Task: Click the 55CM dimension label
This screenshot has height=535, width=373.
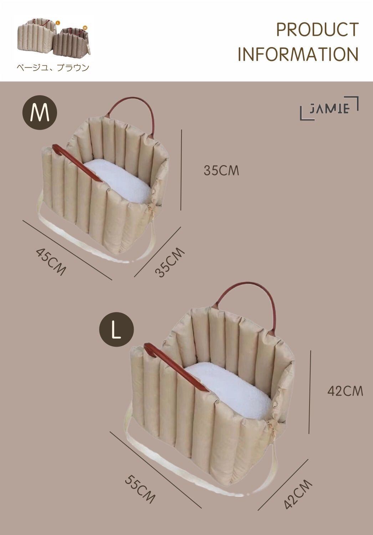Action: (x=140, y=489)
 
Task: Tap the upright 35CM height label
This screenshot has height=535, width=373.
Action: (x=221, y=170)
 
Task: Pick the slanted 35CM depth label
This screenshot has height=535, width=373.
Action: (x=170, y=263)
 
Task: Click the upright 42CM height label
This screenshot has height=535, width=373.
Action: (x=345, y=391)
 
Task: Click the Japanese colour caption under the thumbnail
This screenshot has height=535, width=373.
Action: (x=52, y=67)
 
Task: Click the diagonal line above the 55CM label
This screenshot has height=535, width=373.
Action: (x=155, y=469)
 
